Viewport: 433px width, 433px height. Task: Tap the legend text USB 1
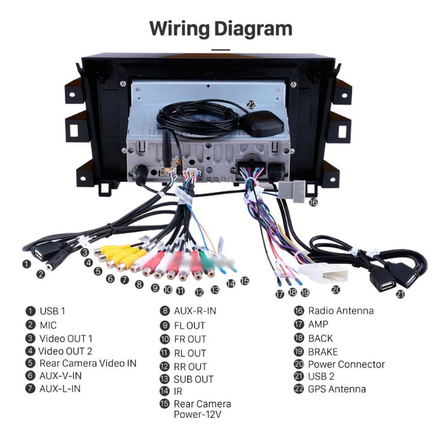pos(52,311)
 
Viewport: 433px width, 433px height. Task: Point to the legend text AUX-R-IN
pos(194,311)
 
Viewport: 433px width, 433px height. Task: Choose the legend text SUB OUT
pos(194,379)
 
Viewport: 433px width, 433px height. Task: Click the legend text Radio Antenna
pos(340,310)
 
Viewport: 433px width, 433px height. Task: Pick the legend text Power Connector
pos(346,365)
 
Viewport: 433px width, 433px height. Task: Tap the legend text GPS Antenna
pos(336,389)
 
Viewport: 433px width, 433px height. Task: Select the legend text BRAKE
pos(323,352)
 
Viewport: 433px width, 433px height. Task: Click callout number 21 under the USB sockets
pos(400,294)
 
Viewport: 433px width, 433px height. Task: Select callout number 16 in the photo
pos(313,202)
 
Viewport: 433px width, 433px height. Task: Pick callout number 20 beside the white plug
pos(336,290)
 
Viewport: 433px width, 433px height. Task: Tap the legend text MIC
pos(48,325)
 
